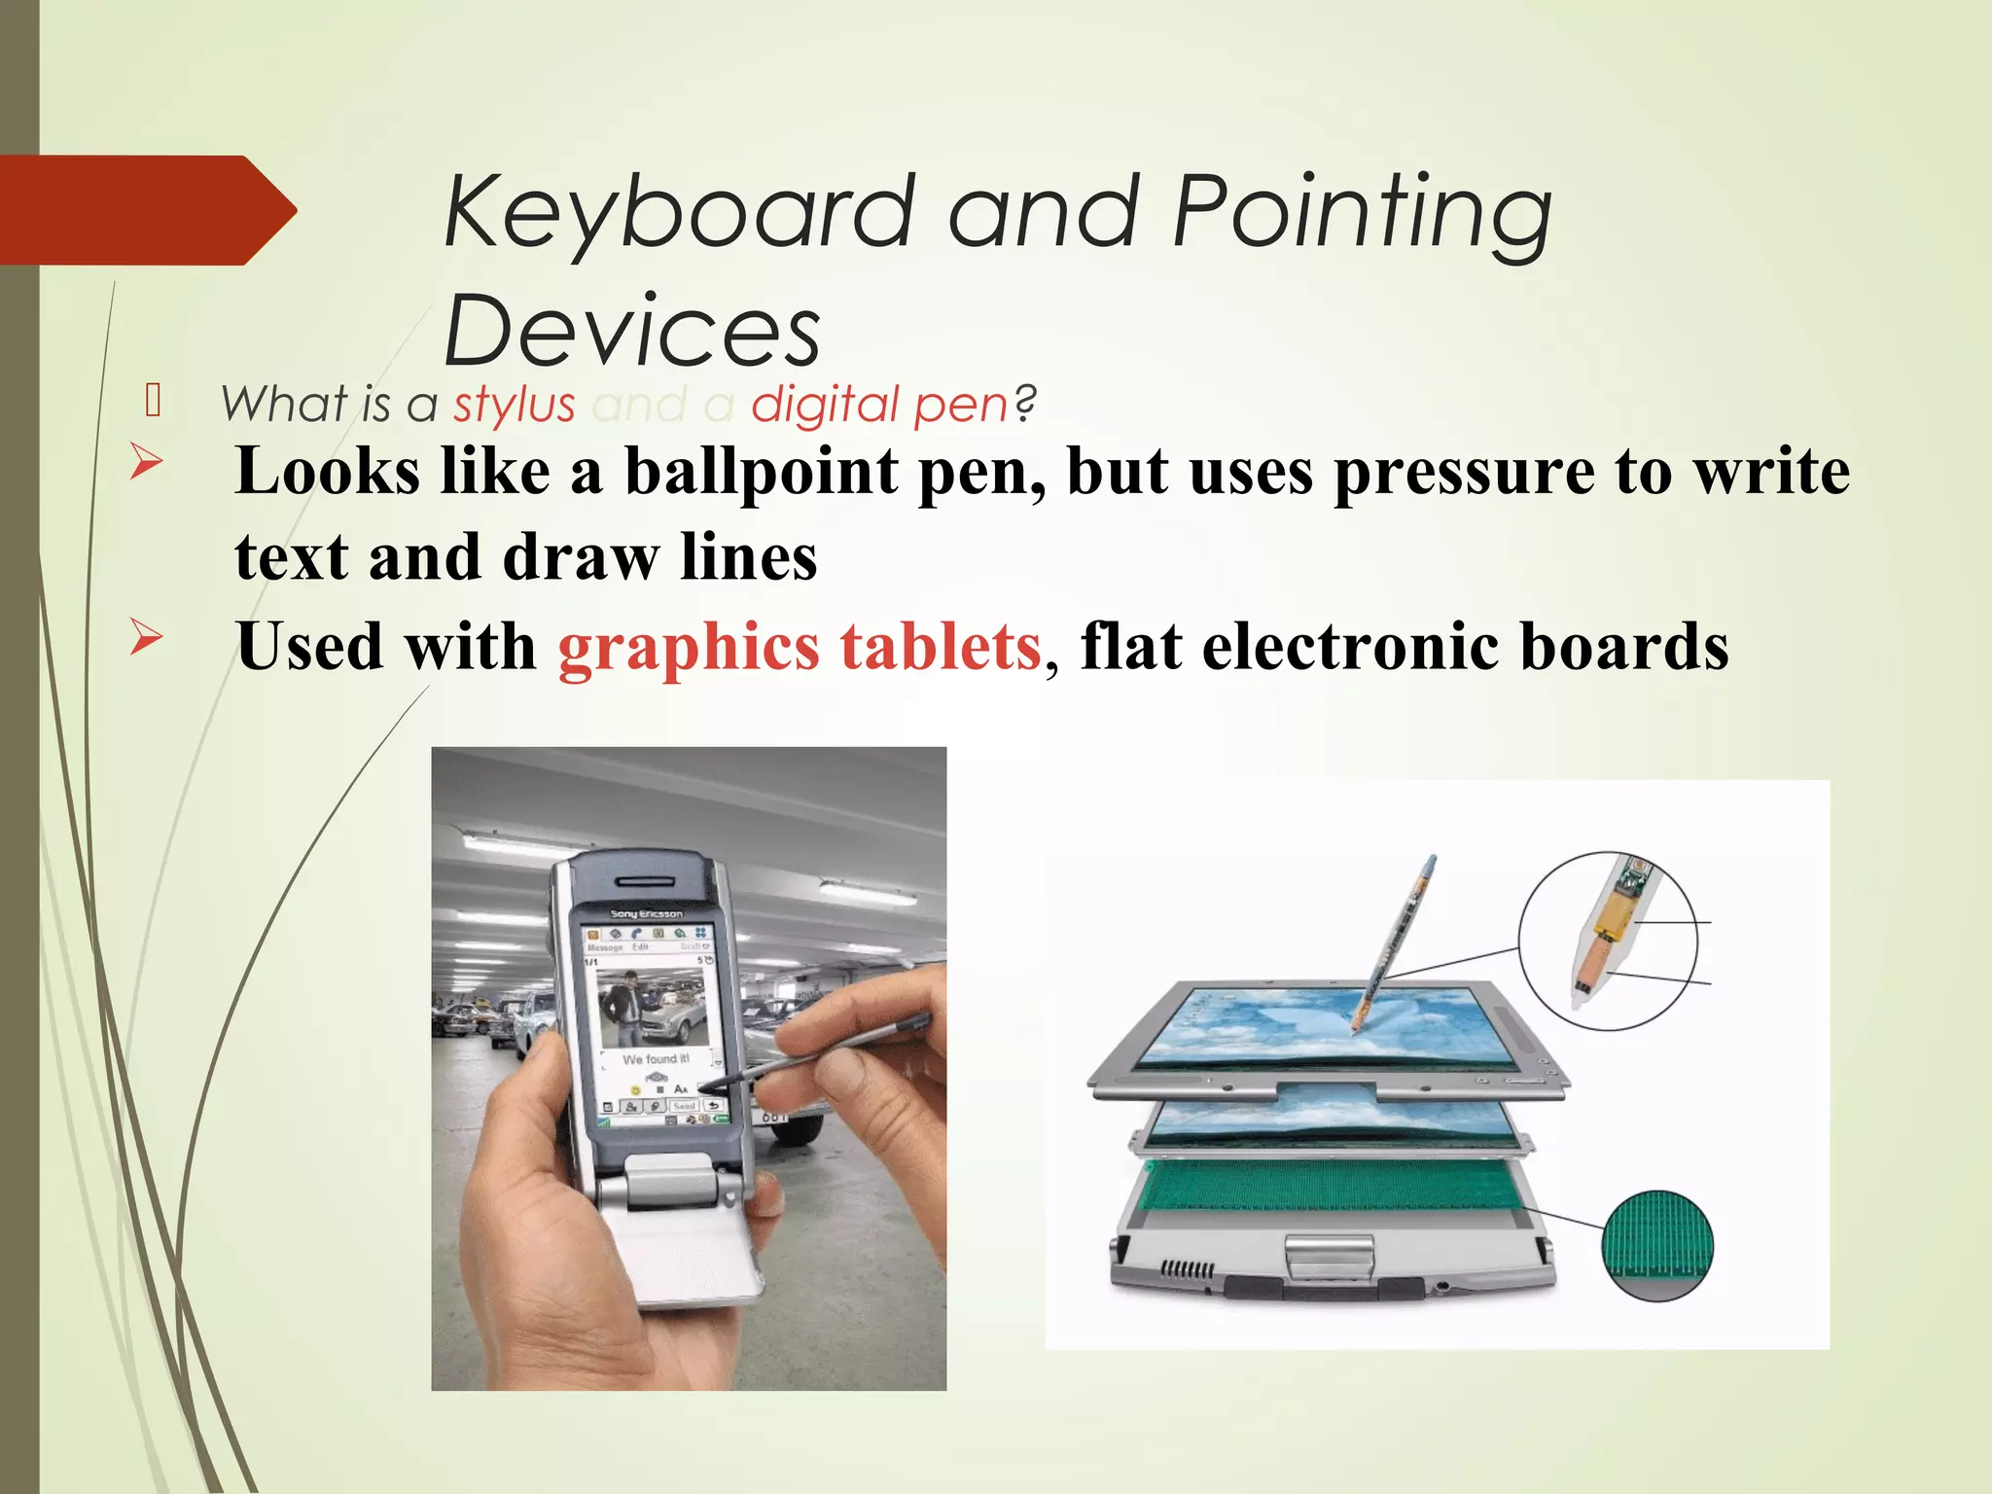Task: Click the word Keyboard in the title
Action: point(679,212)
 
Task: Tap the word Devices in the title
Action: point(632,331)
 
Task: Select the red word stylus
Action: point(515,404)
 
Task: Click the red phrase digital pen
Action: point(879,404)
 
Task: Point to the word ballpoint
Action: point(761,472)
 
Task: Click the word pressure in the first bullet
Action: point(1464,472)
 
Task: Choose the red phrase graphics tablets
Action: point(800,647)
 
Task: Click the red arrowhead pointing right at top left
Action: point(146,210)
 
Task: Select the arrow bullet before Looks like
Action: point(146,461)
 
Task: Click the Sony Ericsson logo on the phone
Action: point(647,914)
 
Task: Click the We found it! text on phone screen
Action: point(656,1058)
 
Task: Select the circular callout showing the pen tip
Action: point(1608,940)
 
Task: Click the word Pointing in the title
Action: point(1362,212)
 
